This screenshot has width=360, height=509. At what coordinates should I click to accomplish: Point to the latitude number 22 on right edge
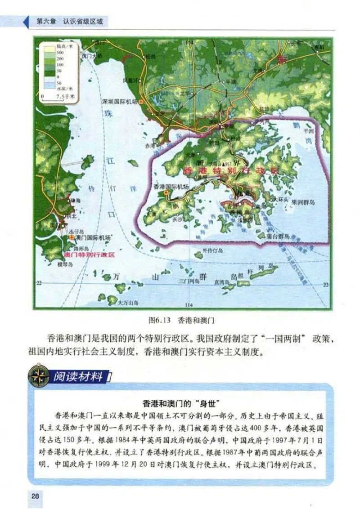pyautogui.click(x=326, y=284)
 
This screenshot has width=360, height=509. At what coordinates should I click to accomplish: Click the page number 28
pyautogui.click(x=36, y=496)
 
